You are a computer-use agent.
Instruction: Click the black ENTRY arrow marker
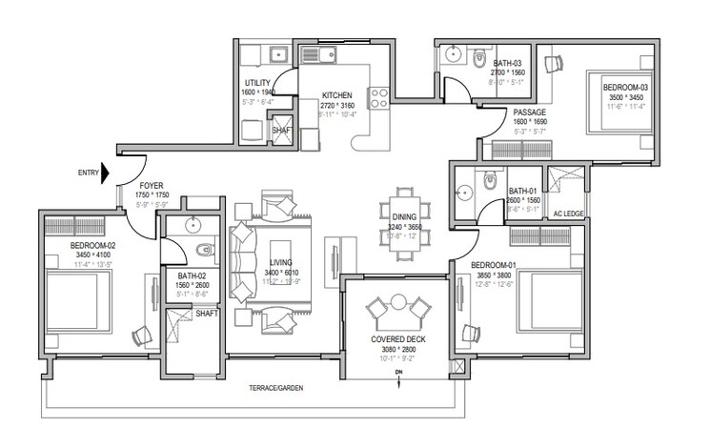pos(107,173)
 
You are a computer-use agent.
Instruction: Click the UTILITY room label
pos(257,84)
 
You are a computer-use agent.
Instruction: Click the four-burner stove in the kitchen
pos(379,95)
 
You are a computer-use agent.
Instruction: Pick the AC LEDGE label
pos(569,214)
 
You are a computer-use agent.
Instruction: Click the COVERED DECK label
pos(398,340)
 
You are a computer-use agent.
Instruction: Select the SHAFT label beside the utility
pos(281,131)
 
